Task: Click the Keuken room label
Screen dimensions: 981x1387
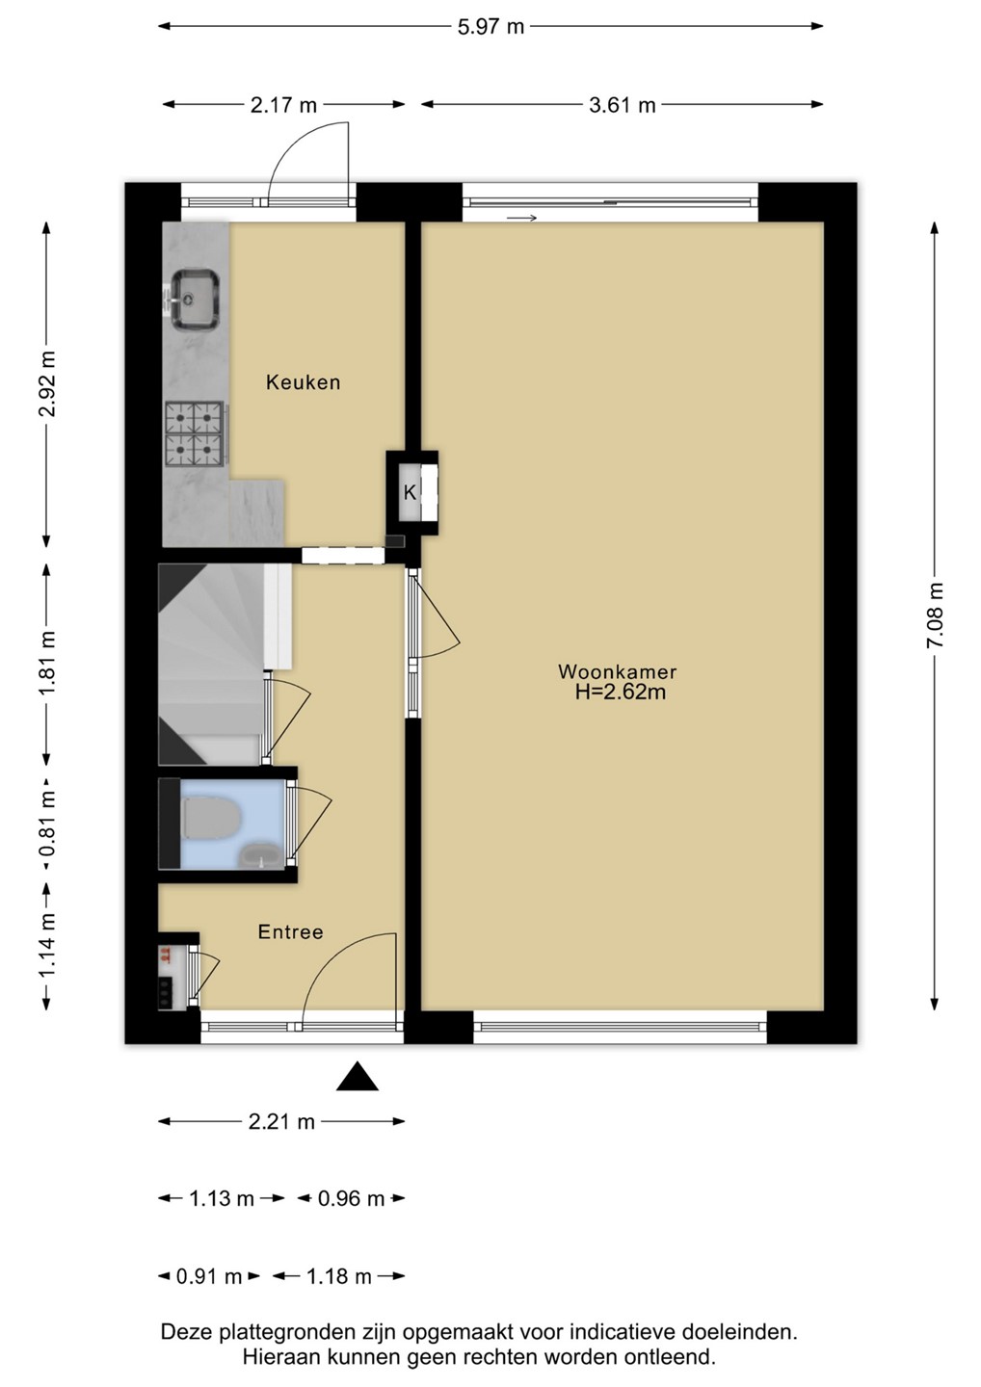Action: [303, 382]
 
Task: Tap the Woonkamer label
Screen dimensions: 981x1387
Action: [617, 671]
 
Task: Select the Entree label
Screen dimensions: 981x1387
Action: [290, 932]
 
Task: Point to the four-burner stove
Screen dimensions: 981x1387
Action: [195, 433]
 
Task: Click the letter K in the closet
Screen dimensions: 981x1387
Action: [410, 493]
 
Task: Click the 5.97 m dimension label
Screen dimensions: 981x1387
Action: [491, 27]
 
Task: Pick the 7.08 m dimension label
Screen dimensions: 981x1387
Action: [934, 615]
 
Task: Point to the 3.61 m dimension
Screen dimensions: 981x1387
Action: [622, 105]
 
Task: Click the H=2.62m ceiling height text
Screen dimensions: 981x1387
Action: [620, 692]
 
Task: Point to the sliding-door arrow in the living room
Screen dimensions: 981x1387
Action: [521, 218]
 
